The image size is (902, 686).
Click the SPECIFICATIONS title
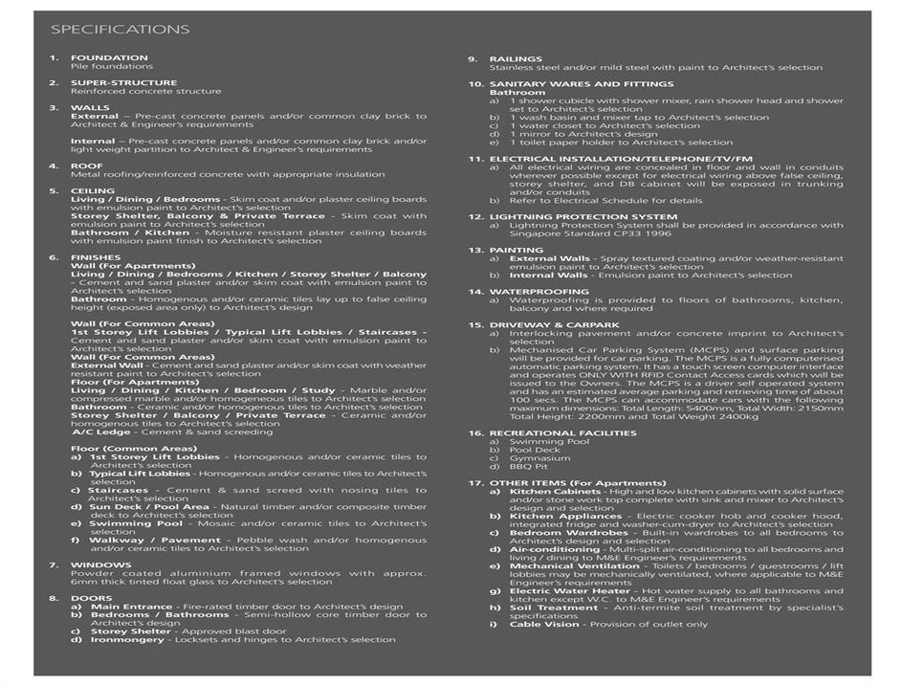point(120,30)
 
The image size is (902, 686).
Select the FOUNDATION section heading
point(109,58)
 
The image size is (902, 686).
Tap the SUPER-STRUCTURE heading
point(123,83)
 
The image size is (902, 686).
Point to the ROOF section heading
point(86,166)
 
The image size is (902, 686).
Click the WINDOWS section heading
point(94,565)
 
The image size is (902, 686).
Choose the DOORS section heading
point(91,599)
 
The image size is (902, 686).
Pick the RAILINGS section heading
point(515,59)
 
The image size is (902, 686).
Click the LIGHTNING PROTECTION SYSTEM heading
point(583,217)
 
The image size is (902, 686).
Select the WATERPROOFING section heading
point(540,292)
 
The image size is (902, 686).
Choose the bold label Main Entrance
point(131,607)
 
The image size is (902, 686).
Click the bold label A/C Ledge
point(100,432)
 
